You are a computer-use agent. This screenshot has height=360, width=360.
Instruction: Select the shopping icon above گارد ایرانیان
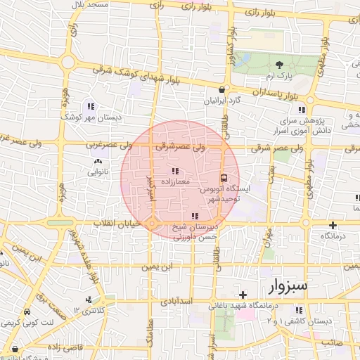pos(223,89)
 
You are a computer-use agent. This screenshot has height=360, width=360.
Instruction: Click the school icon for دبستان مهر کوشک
pos(90,106)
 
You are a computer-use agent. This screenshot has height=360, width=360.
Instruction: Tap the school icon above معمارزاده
pos(175,171)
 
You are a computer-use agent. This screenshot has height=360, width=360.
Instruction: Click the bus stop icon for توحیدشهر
pos(224,178)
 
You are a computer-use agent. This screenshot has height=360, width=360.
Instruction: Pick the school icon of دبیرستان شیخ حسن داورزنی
pos(195,216)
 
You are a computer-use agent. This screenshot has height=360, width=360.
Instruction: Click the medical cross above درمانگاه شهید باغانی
pos(243,295)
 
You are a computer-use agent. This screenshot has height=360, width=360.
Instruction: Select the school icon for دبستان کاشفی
pos(298,310)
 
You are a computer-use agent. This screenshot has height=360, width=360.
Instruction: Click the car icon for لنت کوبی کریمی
pos(27,311)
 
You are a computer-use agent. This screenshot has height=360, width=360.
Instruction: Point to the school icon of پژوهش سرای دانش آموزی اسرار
pos(302,110)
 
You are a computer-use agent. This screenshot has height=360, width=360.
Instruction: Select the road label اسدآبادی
pos(177,300)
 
